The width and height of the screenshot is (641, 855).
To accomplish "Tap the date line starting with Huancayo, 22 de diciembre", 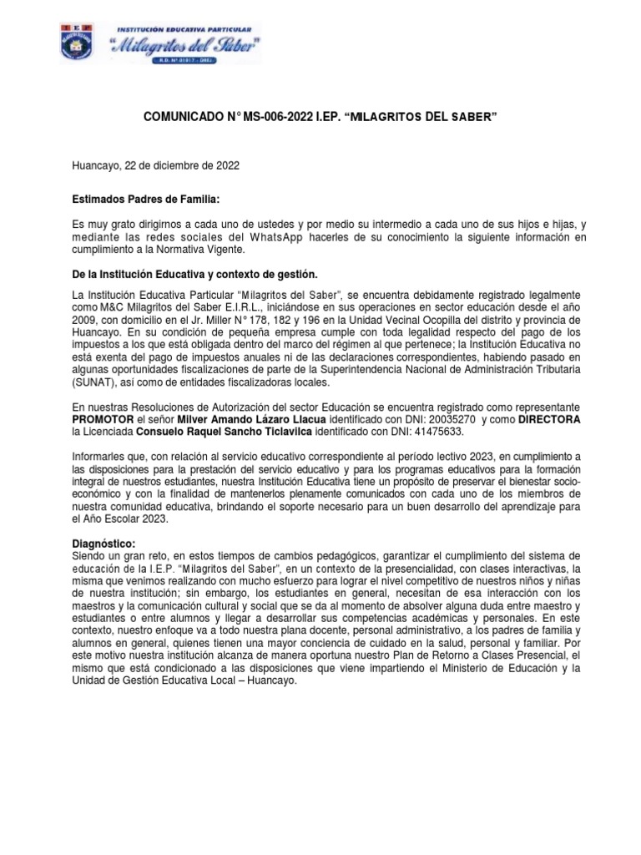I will coord(157,165).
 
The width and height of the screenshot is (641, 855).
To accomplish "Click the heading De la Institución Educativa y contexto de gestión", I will coord(195,275).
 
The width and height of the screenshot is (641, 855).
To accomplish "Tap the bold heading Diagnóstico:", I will coord(104,544).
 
